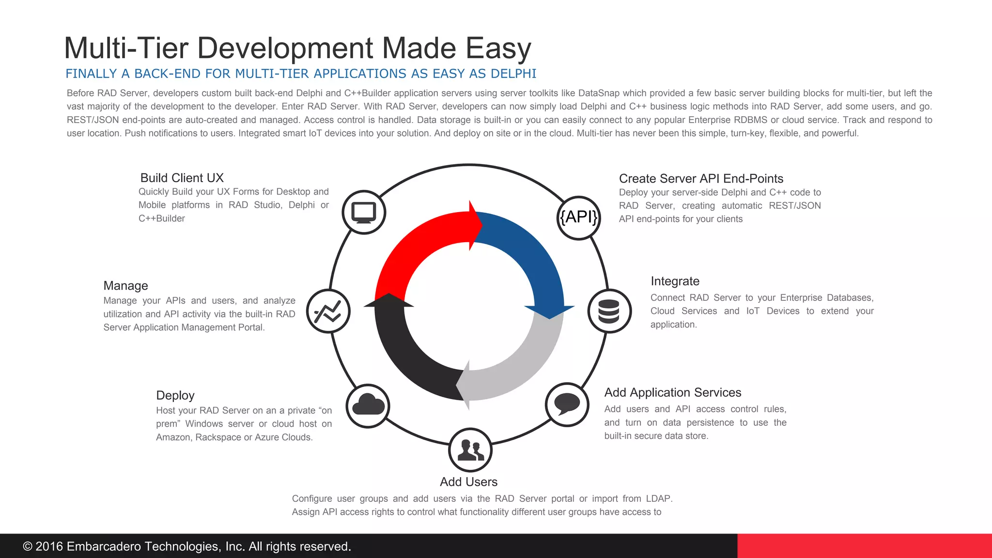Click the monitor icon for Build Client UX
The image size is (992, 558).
[x=364, y=212]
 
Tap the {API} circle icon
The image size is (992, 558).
[x=579, y=217]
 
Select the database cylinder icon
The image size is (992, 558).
[x=609, y=311]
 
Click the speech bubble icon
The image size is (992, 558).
[x=567, y=404]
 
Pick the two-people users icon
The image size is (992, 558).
[x=470, y=450]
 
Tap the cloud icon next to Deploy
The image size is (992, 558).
[x=368, y=405]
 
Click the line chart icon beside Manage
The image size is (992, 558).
[x=328, y=311]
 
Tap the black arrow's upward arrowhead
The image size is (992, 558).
[x=388, y=301]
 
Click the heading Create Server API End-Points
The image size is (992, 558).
[x=701, y=179]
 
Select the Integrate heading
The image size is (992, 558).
[x=675, y=281]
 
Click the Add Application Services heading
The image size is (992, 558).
[x=672, y=392]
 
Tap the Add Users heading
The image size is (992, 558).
[x=468, y=482]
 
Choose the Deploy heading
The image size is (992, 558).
[x=175, y=395]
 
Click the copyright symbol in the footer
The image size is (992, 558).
[x=28, y=546]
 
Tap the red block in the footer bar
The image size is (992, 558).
[x=864, y=546]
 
